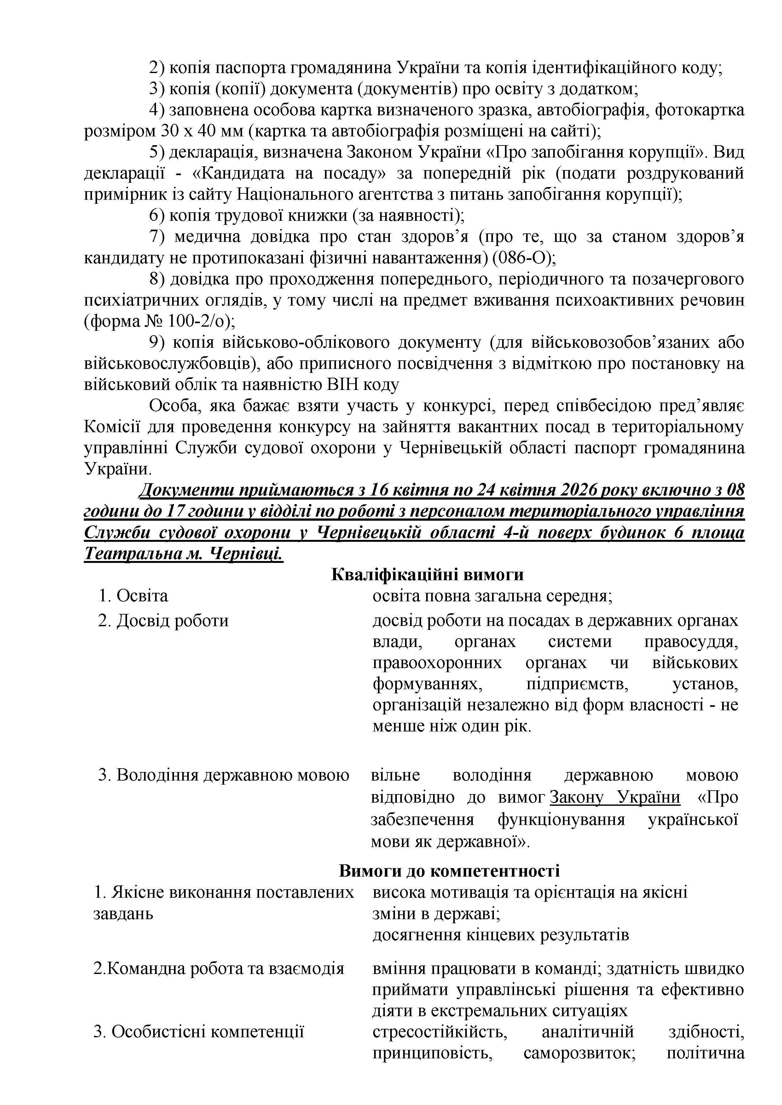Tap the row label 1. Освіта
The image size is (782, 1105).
click(133, 596)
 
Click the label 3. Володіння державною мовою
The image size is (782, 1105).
click(223, 776)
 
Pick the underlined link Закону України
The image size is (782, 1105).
click(615, 798)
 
